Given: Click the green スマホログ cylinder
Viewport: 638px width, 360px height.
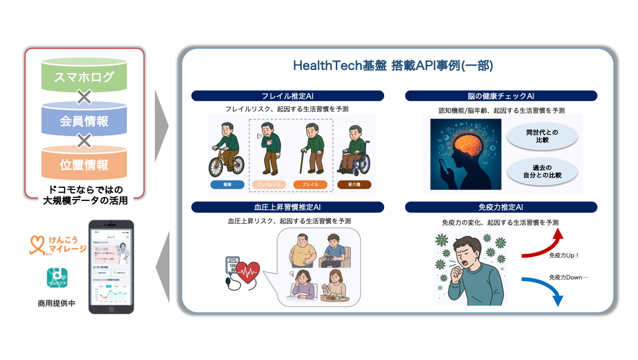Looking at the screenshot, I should (x=84, y=76).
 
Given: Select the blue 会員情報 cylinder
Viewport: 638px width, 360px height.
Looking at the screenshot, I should (x=84, y=120).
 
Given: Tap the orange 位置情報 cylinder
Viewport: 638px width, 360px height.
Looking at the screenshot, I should (x=84, y=164).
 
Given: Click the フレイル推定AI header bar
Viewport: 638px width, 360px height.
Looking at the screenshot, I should (x=287, y=96).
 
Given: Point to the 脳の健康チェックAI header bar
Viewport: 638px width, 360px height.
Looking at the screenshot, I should (x=501, y=96).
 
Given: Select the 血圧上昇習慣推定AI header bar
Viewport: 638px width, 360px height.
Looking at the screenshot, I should (x=287, y=207).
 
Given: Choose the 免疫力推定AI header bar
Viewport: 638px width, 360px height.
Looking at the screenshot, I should (x=501, y=207).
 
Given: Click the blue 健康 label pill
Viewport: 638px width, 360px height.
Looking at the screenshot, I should (x=227, y=184).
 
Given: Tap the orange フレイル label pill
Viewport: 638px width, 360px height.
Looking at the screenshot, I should (x=310, y=184).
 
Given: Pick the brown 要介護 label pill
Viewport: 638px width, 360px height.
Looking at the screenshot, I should (x=354, y=184).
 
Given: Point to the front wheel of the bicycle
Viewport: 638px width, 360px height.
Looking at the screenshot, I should (x=234, y=165).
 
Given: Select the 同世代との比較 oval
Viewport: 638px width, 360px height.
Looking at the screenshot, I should (x=542, y=136).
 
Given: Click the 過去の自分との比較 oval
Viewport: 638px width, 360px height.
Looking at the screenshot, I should (x=542, y=171).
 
